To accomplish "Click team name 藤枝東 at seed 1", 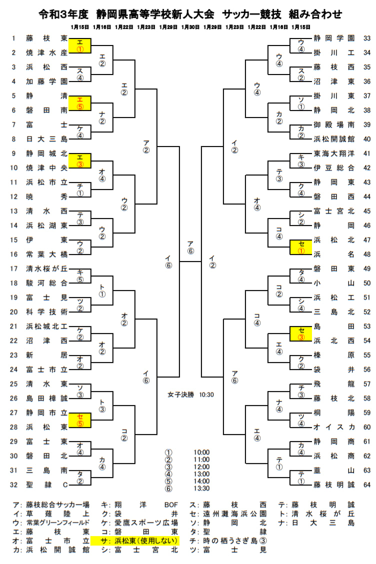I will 46,38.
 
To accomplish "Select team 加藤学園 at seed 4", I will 46,81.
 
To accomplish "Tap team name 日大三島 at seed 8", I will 46,139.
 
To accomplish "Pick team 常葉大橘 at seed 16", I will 46,254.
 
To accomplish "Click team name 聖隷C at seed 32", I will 46,484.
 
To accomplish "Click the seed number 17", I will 14,268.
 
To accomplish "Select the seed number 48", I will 366,254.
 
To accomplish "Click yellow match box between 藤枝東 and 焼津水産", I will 80,45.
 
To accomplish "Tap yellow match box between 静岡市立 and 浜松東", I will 80,420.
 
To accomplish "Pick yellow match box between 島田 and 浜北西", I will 301,333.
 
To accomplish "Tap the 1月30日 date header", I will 190,26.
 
